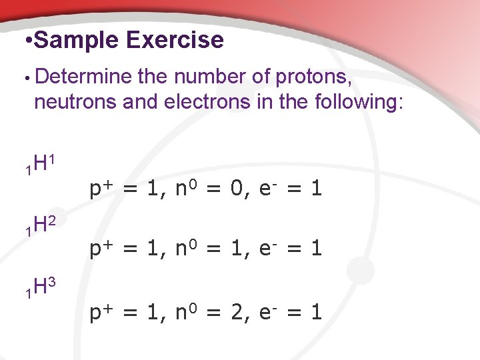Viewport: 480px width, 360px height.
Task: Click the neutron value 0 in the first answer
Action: pos(235,189)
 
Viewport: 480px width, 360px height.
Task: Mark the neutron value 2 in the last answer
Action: pos(235,312)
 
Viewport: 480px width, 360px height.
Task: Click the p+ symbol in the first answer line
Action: pos(99,189)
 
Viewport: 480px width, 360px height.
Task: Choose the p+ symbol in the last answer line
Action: pos(99,312)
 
